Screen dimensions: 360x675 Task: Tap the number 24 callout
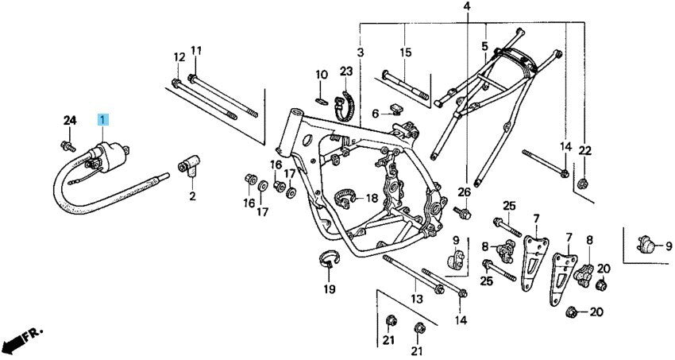point(70,120)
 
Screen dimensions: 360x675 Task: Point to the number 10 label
point(321,75)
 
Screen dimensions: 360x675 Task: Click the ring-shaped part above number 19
point(329,257)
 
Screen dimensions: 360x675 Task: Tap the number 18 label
point(372,198)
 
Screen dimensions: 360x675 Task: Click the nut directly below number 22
point(583,184)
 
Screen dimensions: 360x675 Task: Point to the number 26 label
point(465,192)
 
